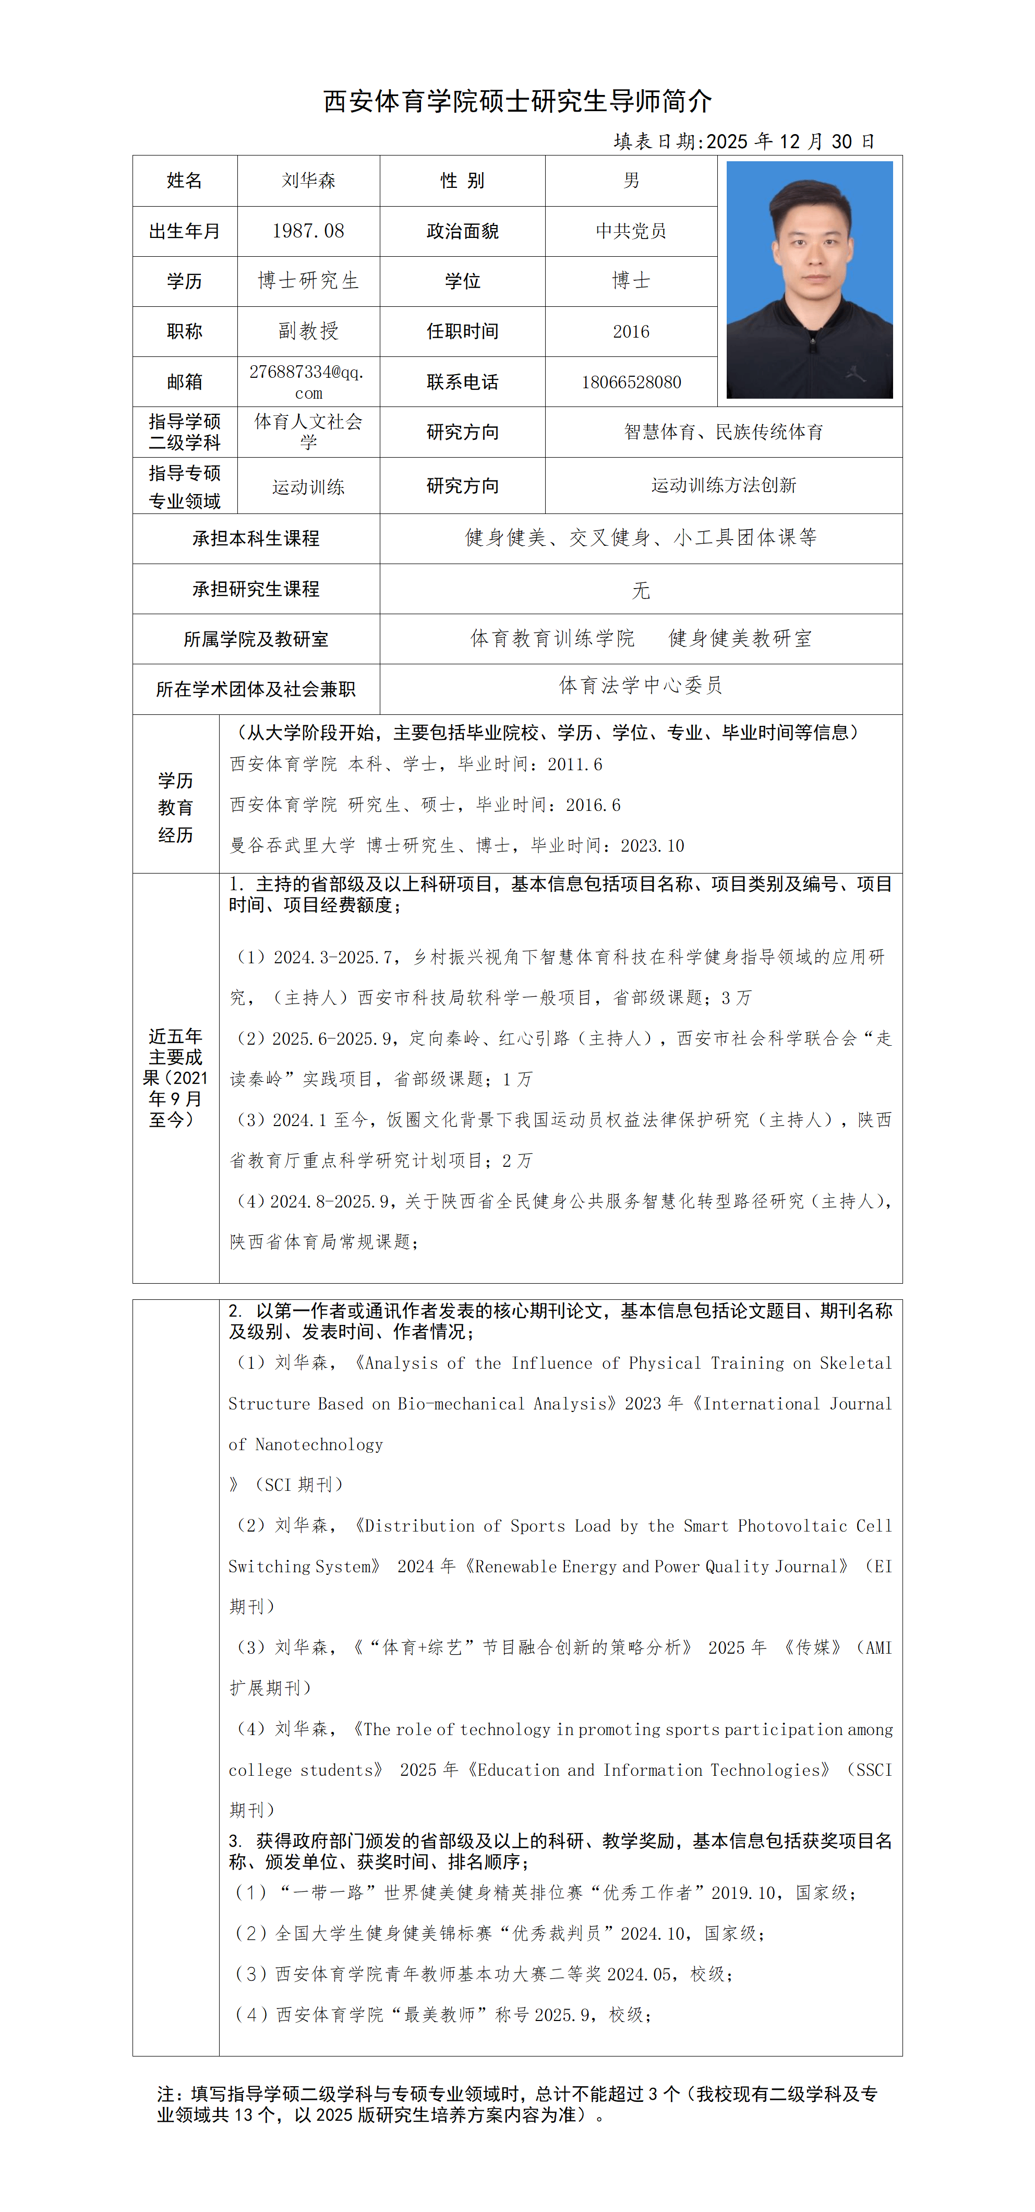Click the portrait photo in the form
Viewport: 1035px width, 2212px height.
(809, 280)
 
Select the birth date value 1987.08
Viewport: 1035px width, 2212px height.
(308, 231)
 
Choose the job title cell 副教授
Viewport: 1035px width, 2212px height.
(308, 331)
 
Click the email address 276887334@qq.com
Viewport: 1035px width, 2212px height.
(308, 382)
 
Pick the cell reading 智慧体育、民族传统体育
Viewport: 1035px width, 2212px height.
(724, 432)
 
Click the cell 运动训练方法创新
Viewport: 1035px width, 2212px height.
(724, 485)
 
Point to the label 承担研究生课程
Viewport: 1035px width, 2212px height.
(256, 589)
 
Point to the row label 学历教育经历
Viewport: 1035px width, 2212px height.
(175, 807)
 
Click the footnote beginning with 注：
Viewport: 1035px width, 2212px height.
(516, 2104)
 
